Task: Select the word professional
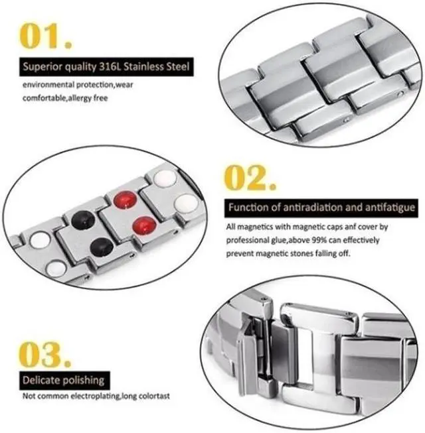(x=250, y=239)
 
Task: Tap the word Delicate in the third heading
(x=42, y=381)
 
